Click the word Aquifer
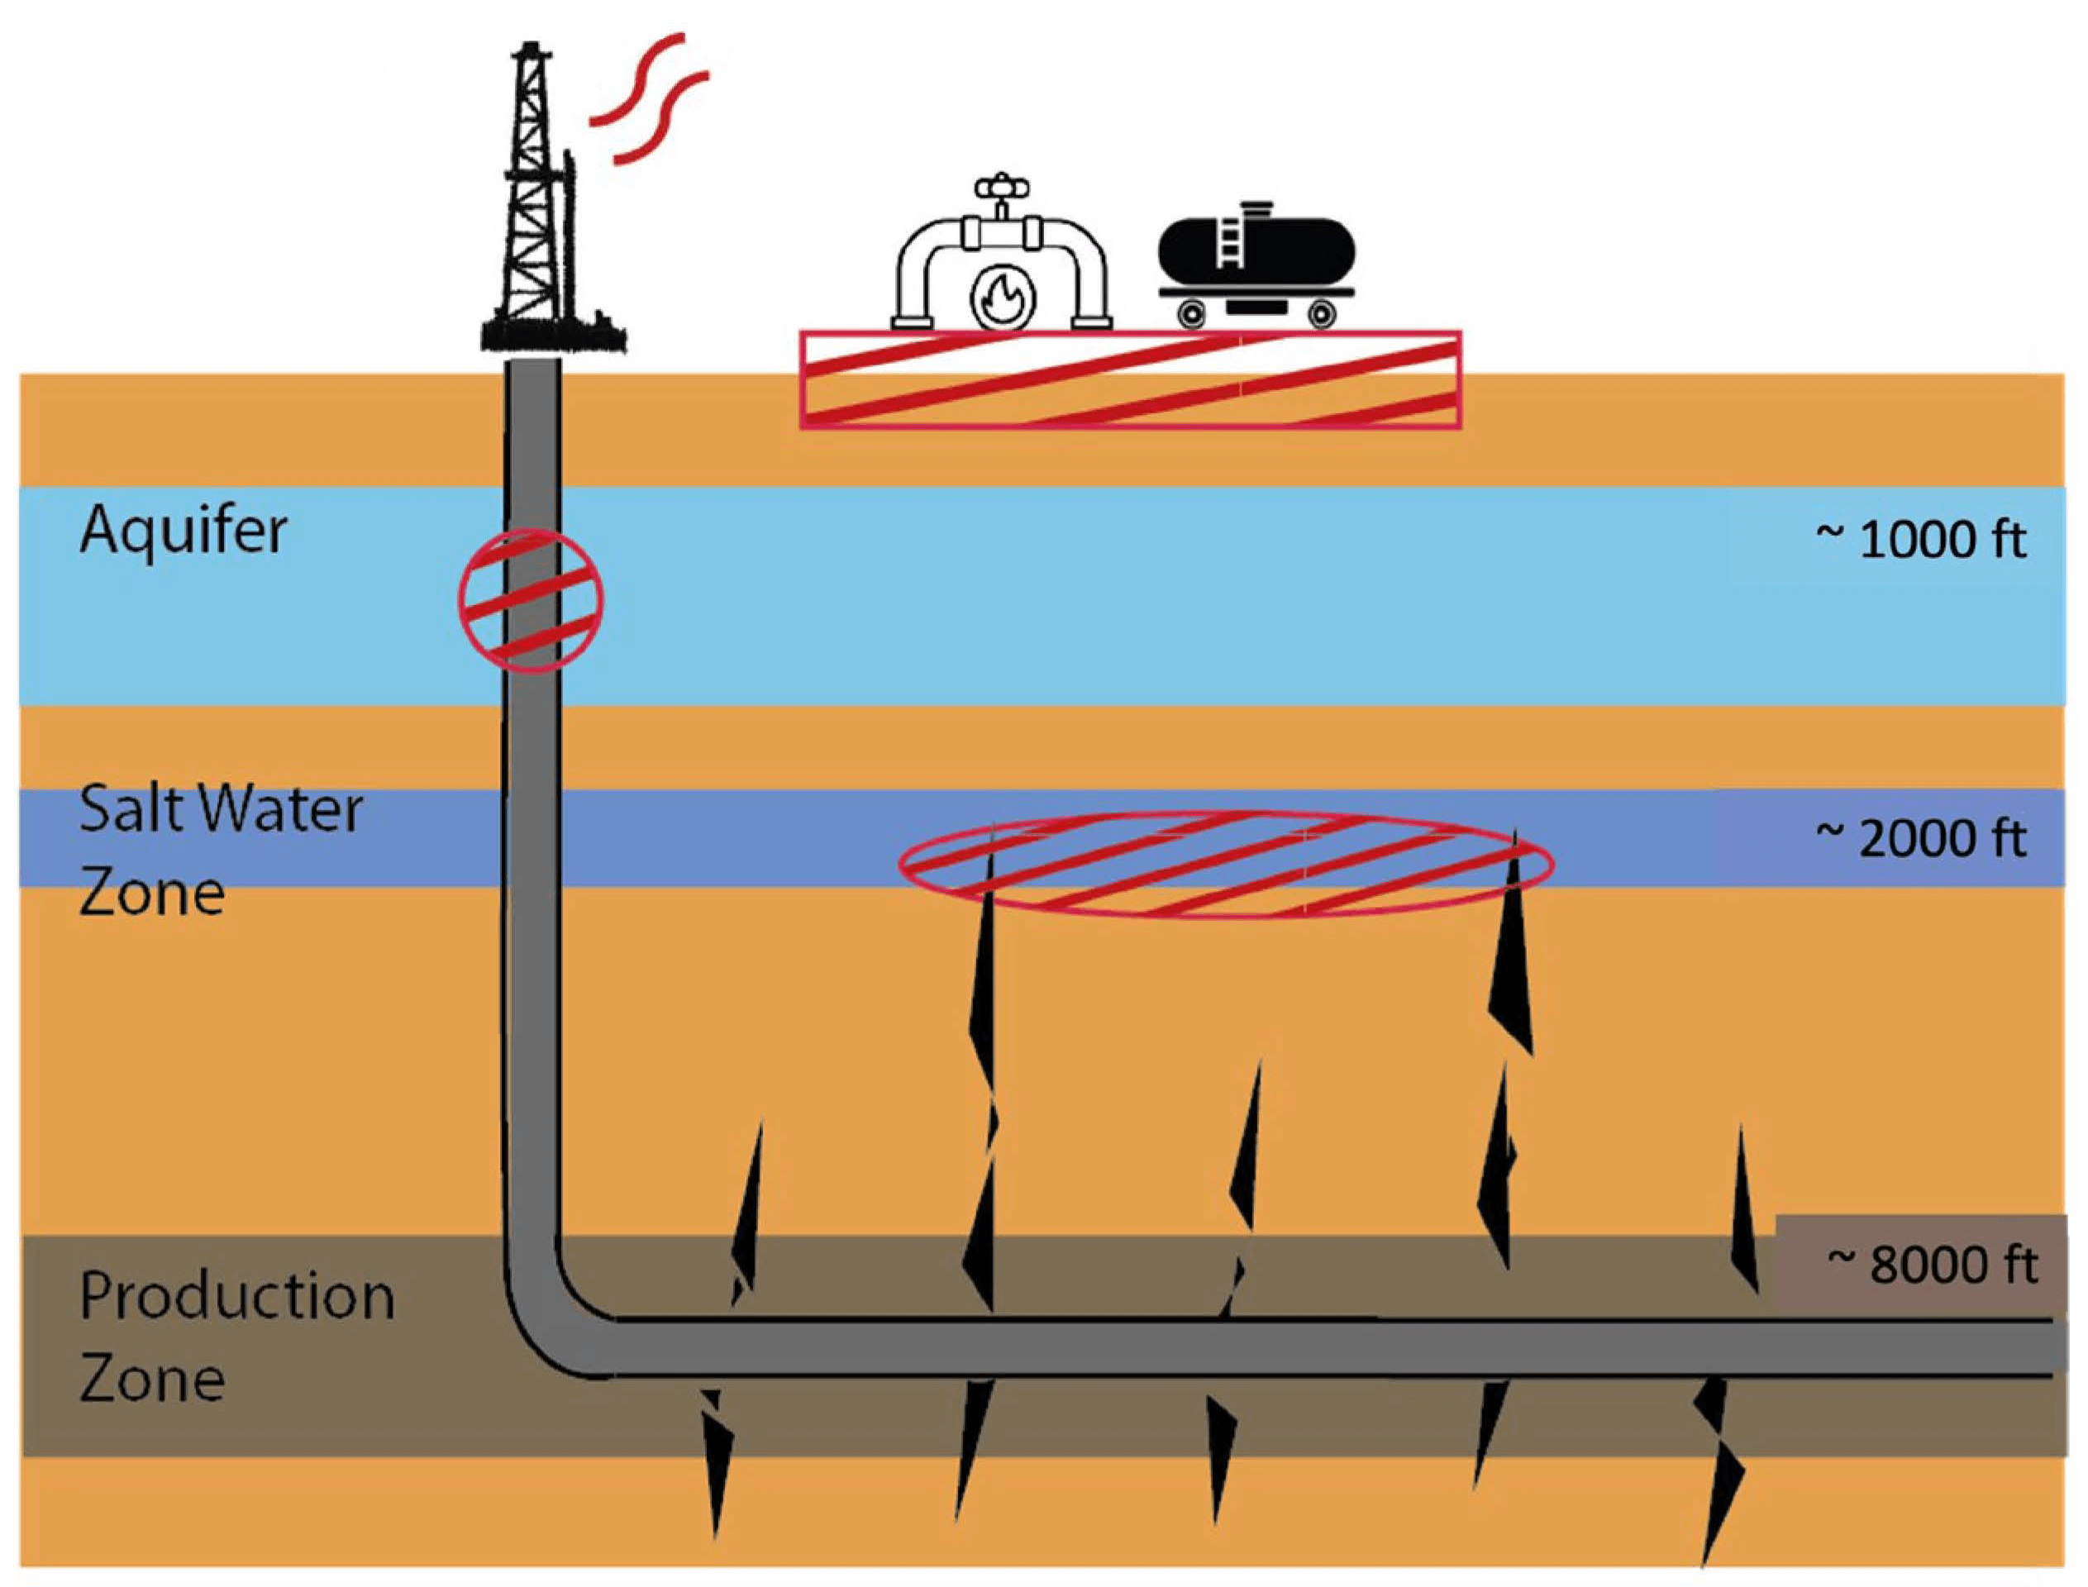183,531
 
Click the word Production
236,1298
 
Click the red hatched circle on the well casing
531,601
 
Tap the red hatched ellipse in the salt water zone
1225,865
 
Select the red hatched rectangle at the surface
1131,379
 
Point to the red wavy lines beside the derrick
648,99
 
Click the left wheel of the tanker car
1194,311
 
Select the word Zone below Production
152,1380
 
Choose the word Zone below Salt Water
152,894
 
